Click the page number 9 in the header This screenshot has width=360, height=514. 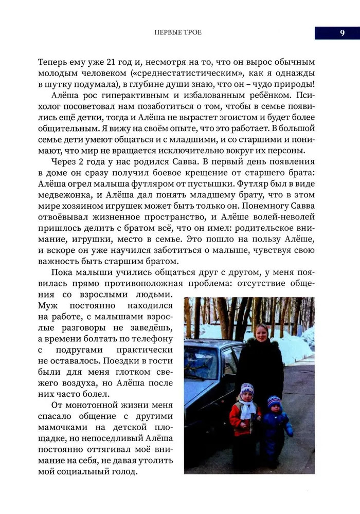click(x=341, y=32)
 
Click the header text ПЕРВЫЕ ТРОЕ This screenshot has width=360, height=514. click(x=178, y=32)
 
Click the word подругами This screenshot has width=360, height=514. click(x=98, y=350)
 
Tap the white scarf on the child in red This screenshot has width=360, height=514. click(x=248, y=409)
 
